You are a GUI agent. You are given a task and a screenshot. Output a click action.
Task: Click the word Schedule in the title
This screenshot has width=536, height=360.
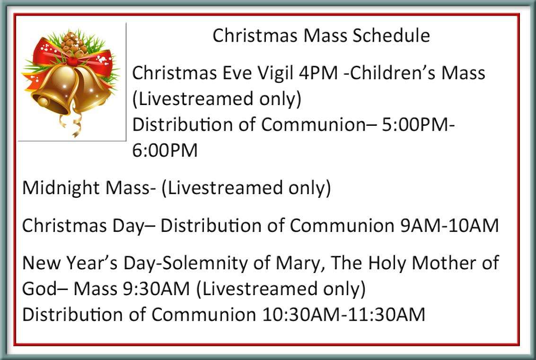[x=391, y=35]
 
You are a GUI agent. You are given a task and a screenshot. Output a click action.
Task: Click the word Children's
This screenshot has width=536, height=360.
[x=391, y=73]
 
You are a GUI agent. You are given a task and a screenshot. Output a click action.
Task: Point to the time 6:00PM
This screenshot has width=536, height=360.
[x=165, y=150]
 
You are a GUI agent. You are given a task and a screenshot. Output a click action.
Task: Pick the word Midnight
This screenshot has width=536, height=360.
[x=62, y=188]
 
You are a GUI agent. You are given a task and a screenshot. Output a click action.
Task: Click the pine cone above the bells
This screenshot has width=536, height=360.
[x=73, y=44]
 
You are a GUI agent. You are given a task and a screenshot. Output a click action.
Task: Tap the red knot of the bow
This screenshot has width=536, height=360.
[x=72, y=61]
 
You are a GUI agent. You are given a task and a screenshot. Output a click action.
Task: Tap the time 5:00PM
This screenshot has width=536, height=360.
[x=414, y=125]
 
